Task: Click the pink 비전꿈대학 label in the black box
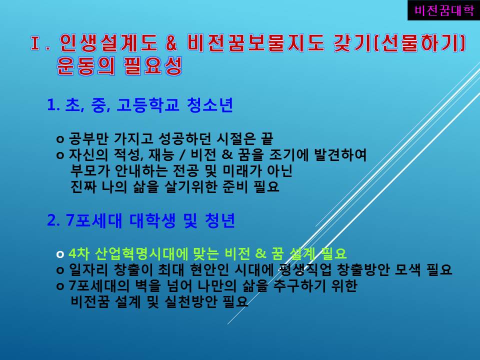click(444, 10)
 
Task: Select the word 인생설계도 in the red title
click(108, 42)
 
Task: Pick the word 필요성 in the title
click(153, 66)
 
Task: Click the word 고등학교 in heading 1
click(148, 105)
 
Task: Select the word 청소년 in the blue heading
click(209, 105)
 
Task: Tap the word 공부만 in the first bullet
click(89, 139)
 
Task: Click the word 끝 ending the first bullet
click(266, 139)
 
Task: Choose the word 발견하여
click(340, 155)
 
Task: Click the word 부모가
click(90, 171)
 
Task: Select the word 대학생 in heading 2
click(152, 220)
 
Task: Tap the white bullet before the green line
click(60, 254)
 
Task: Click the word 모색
click(408, 269)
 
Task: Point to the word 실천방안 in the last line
click(190, 302)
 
